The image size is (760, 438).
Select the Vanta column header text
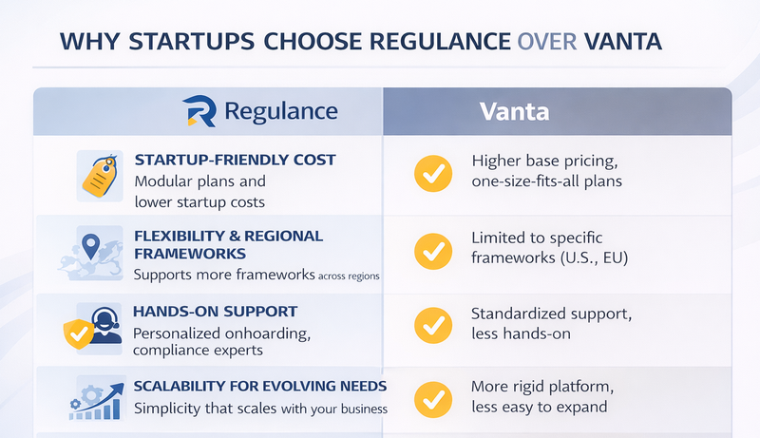(x=514, y=111)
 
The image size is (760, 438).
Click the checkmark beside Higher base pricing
(x=433, y=174)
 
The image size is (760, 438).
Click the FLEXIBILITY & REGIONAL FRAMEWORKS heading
(x=228, y=245)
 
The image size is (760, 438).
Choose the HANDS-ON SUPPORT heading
(x=216, y=312)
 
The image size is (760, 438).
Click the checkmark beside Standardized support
(x=433, y=325)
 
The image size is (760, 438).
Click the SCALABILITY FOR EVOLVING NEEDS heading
(x=259, y=386)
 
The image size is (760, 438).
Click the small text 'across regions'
(x=347, y=276)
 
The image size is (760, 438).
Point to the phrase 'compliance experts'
(x=199, y=351)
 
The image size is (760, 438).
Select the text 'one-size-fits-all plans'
(x=546, y=181)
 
